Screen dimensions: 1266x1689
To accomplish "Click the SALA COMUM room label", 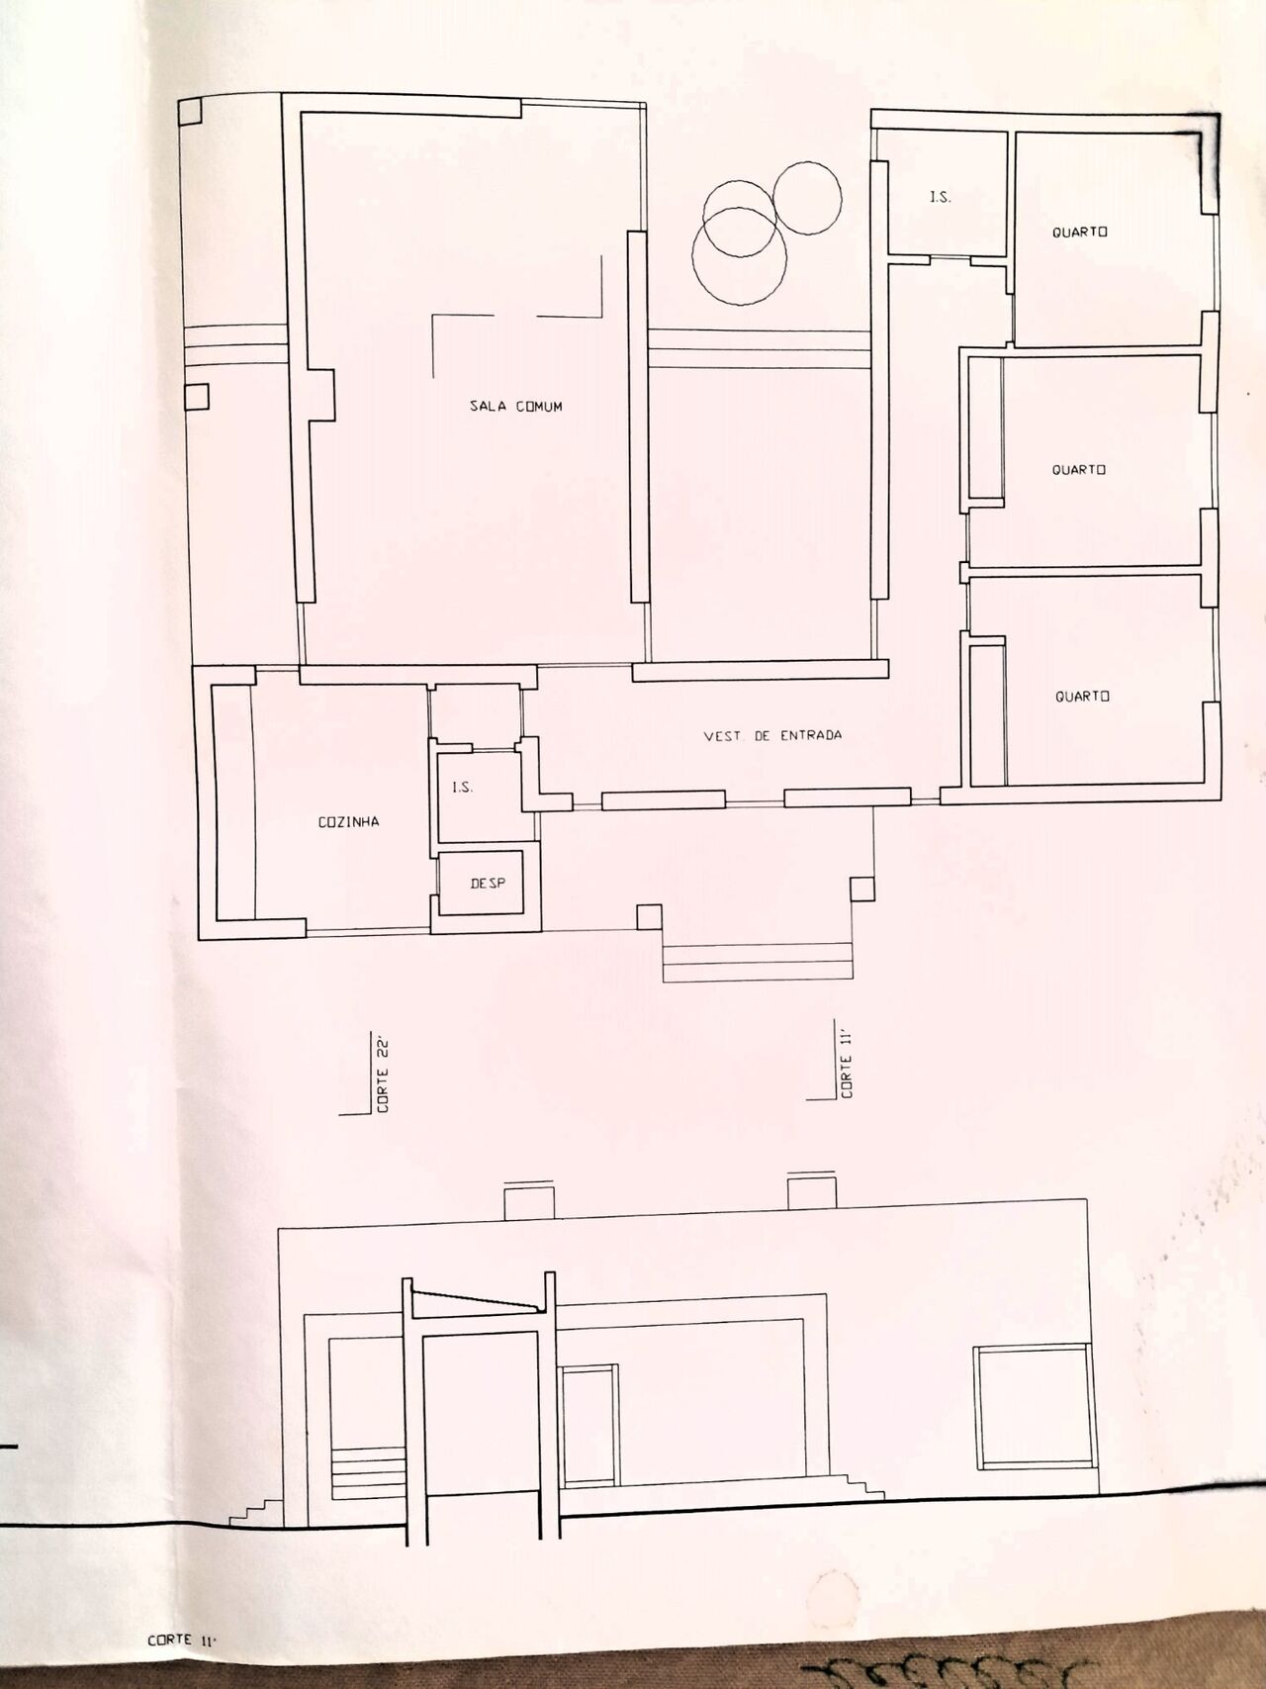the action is [515, 406].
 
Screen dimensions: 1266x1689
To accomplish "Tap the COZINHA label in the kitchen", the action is [348, 821].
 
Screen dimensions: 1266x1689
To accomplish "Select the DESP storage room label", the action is [487, 883].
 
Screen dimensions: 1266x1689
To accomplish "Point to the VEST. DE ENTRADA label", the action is [772, 735].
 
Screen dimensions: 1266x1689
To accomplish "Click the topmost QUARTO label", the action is [1078, 232].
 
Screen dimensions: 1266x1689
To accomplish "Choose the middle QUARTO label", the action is [1078, 469].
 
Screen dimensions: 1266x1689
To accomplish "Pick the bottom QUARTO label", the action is [1082, 696].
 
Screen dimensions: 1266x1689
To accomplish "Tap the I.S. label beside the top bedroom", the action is [940, 198].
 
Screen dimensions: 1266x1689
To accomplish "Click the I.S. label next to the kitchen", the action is [463, 788].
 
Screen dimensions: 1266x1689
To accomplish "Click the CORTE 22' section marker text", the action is [383, 1075].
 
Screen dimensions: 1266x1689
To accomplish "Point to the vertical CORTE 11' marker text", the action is [847, 1064].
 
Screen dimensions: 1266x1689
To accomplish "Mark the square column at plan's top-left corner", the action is [189, 109].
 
